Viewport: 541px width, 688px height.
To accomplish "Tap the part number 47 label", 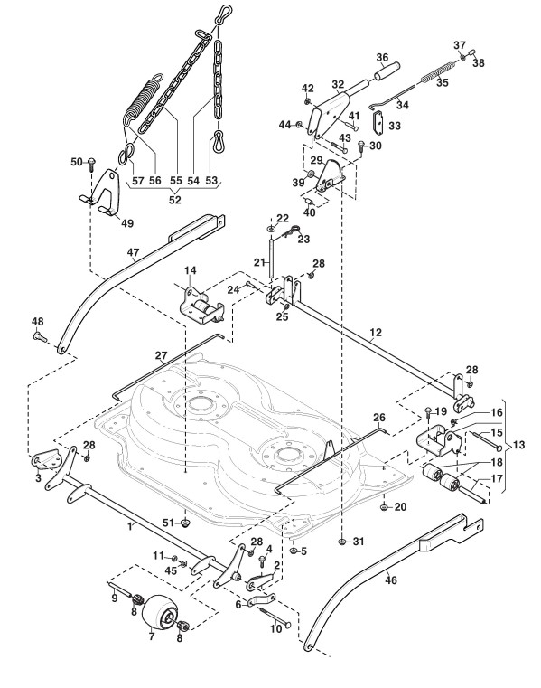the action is coord(133,252).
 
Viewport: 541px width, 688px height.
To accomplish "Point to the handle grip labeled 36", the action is coord(387,71).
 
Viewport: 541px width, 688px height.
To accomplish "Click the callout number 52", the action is coord(175,200).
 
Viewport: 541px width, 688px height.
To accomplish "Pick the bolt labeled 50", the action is coord(92,165).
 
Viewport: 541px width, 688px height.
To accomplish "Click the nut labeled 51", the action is coord(185,523).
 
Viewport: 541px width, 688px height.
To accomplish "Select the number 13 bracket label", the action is coord(518,445).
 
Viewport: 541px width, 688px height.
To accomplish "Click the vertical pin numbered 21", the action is coord(272,257).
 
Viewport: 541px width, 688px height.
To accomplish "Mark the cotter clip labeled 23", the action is coord(291,231).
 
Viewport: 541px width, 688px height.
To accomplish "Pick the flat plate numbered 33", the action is coord(378,123).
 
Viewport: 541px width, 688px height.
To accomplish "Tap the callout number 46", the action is coord(391,580).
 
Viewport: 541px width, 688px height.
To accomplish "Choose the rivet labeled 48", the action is coord(39,336).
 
